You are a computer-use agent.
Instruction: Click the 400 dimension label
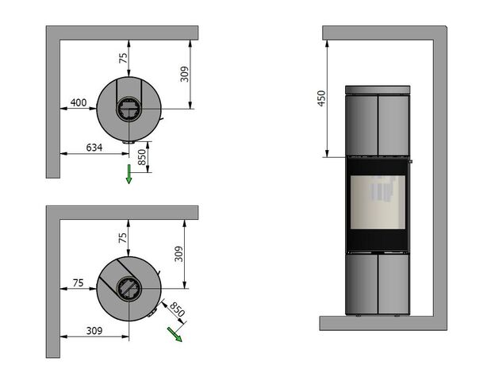[79, 102]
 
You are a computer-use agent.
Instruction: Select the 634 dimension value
[94, 148]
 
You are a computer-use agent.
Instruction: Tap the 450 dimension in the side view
[321, 98]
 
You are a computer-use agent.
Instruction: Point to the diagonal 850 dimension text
[177, 309]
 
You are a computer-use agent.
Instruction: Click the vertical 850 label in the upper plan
[142, 157]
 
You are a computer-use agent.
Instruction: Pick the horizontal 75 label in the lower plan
[78, 283]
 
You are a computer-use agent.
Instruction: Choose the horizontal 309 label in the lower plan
[94, 331]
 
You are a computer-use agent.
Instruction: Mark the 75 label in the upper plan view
[123, 58]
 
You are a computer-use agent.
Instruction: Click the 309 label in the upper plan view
[184, 75]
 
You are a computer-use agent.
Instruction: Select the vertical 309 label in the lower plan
[178, 254]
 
